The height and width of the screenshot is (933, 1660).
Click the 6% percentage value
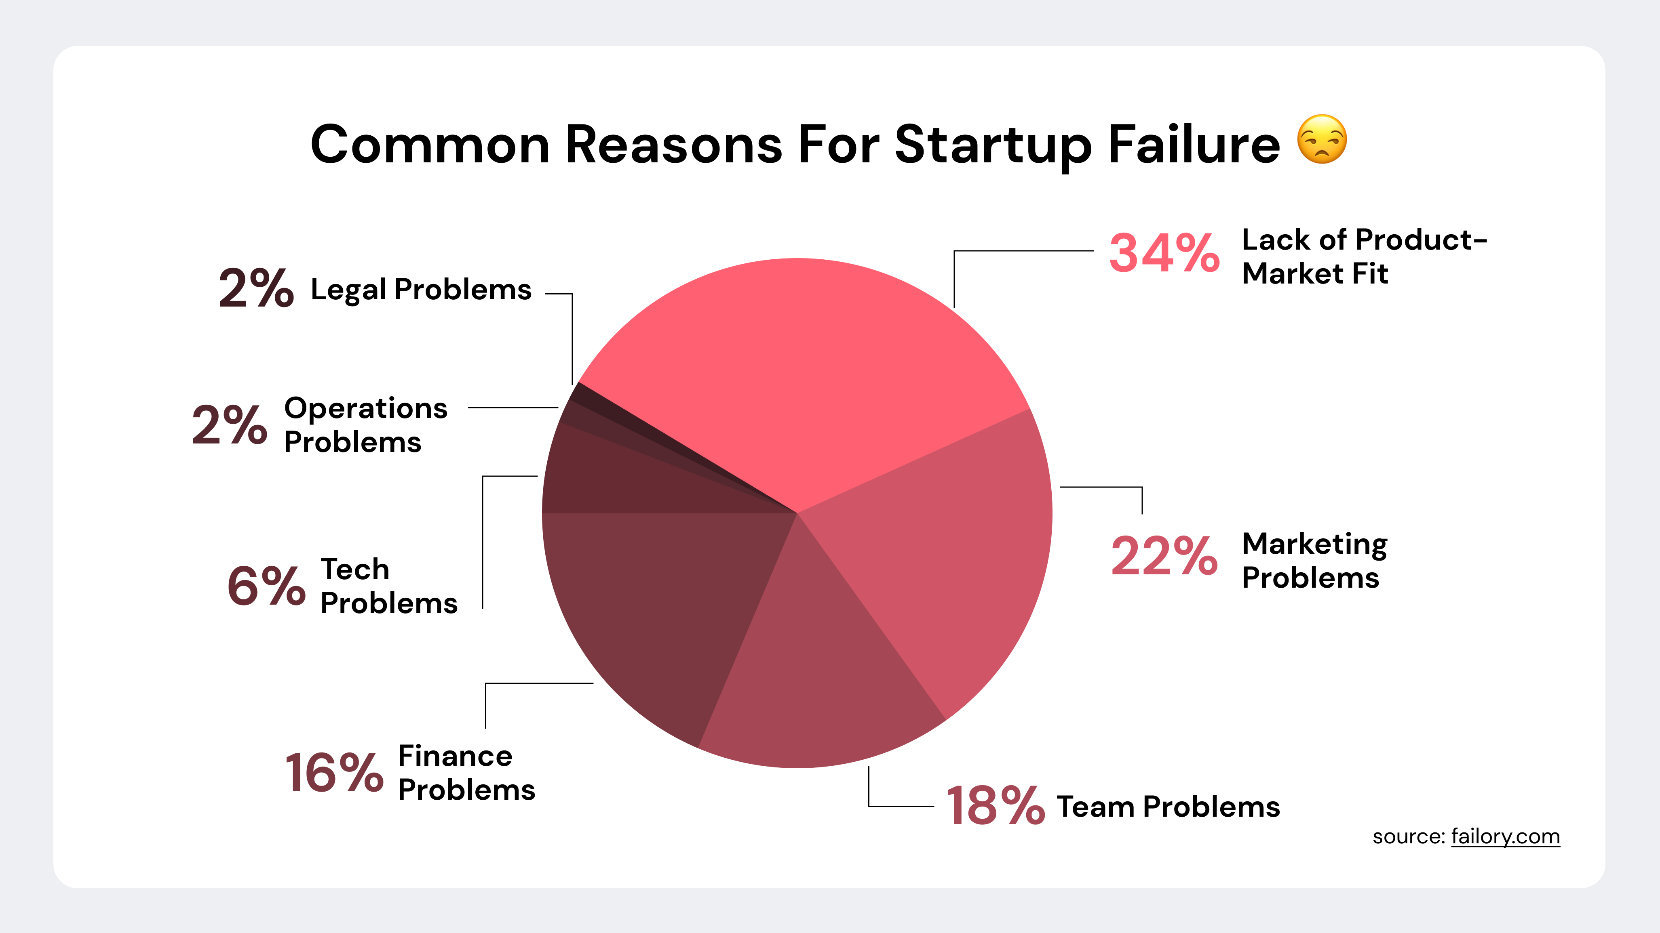click(x=266, y=586)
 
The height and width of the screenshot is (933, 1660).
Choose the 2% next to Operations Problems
click(x=230, y=425)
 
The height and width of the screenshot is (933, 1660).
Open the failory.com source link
click(x=1505, y=836)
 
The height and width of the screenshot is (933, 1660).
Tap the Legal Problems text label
click(x=421, y=290)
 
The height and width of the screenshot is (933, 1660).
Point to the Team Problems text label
click(x=1168, y=807)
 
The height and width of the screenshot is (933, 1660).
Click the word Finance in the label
click(x=455, y=756)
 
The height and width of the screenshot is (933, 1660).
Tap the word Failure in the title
click(x=1194, y=144)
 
